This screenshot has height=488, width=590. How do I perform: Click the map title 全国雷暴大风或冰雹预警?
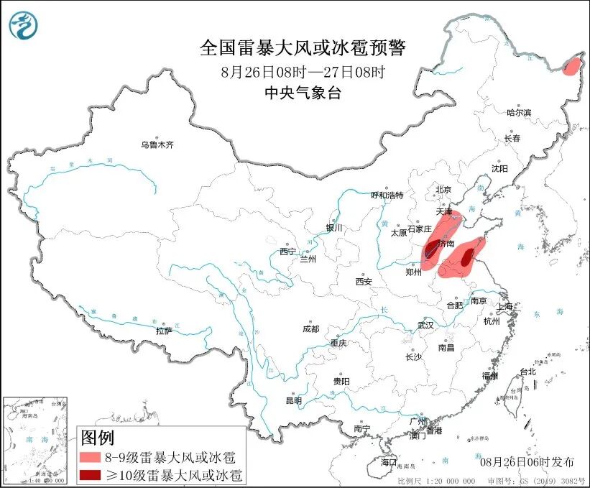click(x=303, y=48)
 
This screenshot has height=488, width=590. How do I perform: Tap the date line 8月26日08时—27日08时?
click(x=303, y=72)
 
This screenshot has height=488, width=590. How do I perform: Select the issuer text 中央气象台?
click(x=303, y=92)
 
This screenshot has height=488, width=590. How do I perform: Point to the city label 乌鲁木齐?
click(x=157, y=144)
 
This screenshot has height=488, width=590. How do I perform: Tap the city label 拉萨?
click(x=164, y=331)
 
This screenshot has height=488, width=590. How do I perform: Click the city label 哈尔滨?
click(x=519, y=112)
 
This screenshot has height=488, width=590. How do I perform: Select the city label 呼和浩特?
click(x=387, y=195)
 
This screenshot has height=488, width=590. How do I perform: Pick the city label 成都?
click(x=310, y=328)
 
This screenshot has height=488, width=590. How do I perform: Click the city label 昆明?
click(x=294, y=400)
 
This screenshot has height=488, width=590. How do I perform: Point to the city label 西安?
click(x=363, y=282)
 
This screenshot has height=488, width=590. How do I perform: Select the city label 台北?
click(x=527, y=372)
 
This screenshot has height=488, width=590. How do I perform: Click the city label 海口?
click(x=389, y=461)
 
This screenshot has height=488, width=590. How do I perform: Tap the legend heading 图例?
click(x=97, y=437)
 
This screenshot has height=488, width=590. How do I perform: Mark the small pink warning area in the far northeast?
click(x=572, y=68)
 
